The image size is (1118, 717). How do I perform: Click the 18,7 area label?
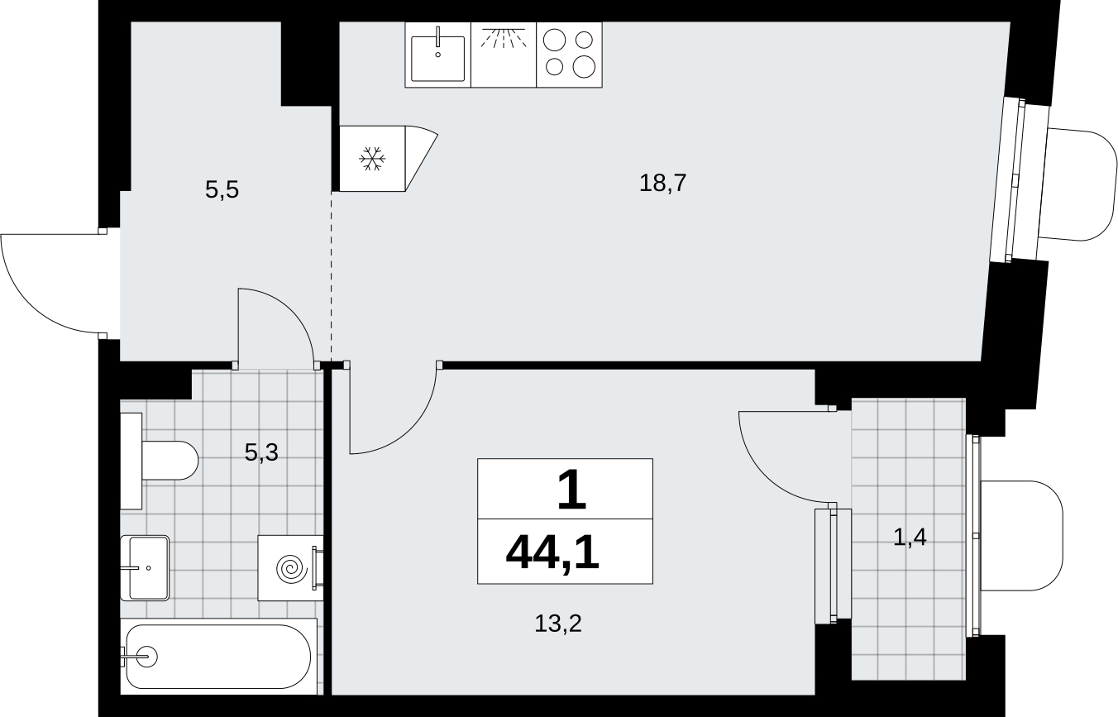663,184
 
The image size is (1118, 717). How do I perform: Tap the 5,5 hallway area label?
222,190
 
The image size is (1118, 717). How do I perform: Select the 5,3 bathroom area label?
261,453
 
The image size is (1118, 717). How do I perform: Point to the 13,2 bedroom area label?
558,624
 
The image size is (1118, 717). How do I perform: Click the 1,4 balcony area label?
910,538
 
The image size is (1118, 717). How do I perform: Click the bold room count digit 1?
571,490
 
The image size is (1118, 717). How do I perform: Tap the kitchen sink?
437,55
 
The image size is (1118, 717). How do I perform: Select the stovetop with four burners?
570,55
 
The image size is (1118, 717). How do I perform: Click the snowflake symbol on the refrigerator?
372,159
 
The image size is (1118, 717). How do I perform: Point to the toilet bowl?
170,461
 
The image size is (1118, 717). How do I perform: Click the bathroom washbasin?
145,567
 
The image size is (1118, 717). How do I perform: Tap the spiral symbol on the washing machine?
292,568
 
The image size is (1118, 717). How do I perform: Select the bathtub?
218,656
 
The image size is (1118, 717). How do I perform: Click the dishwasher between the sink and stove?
504,55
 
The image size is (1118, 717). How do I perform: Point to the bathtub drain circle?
148,656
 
